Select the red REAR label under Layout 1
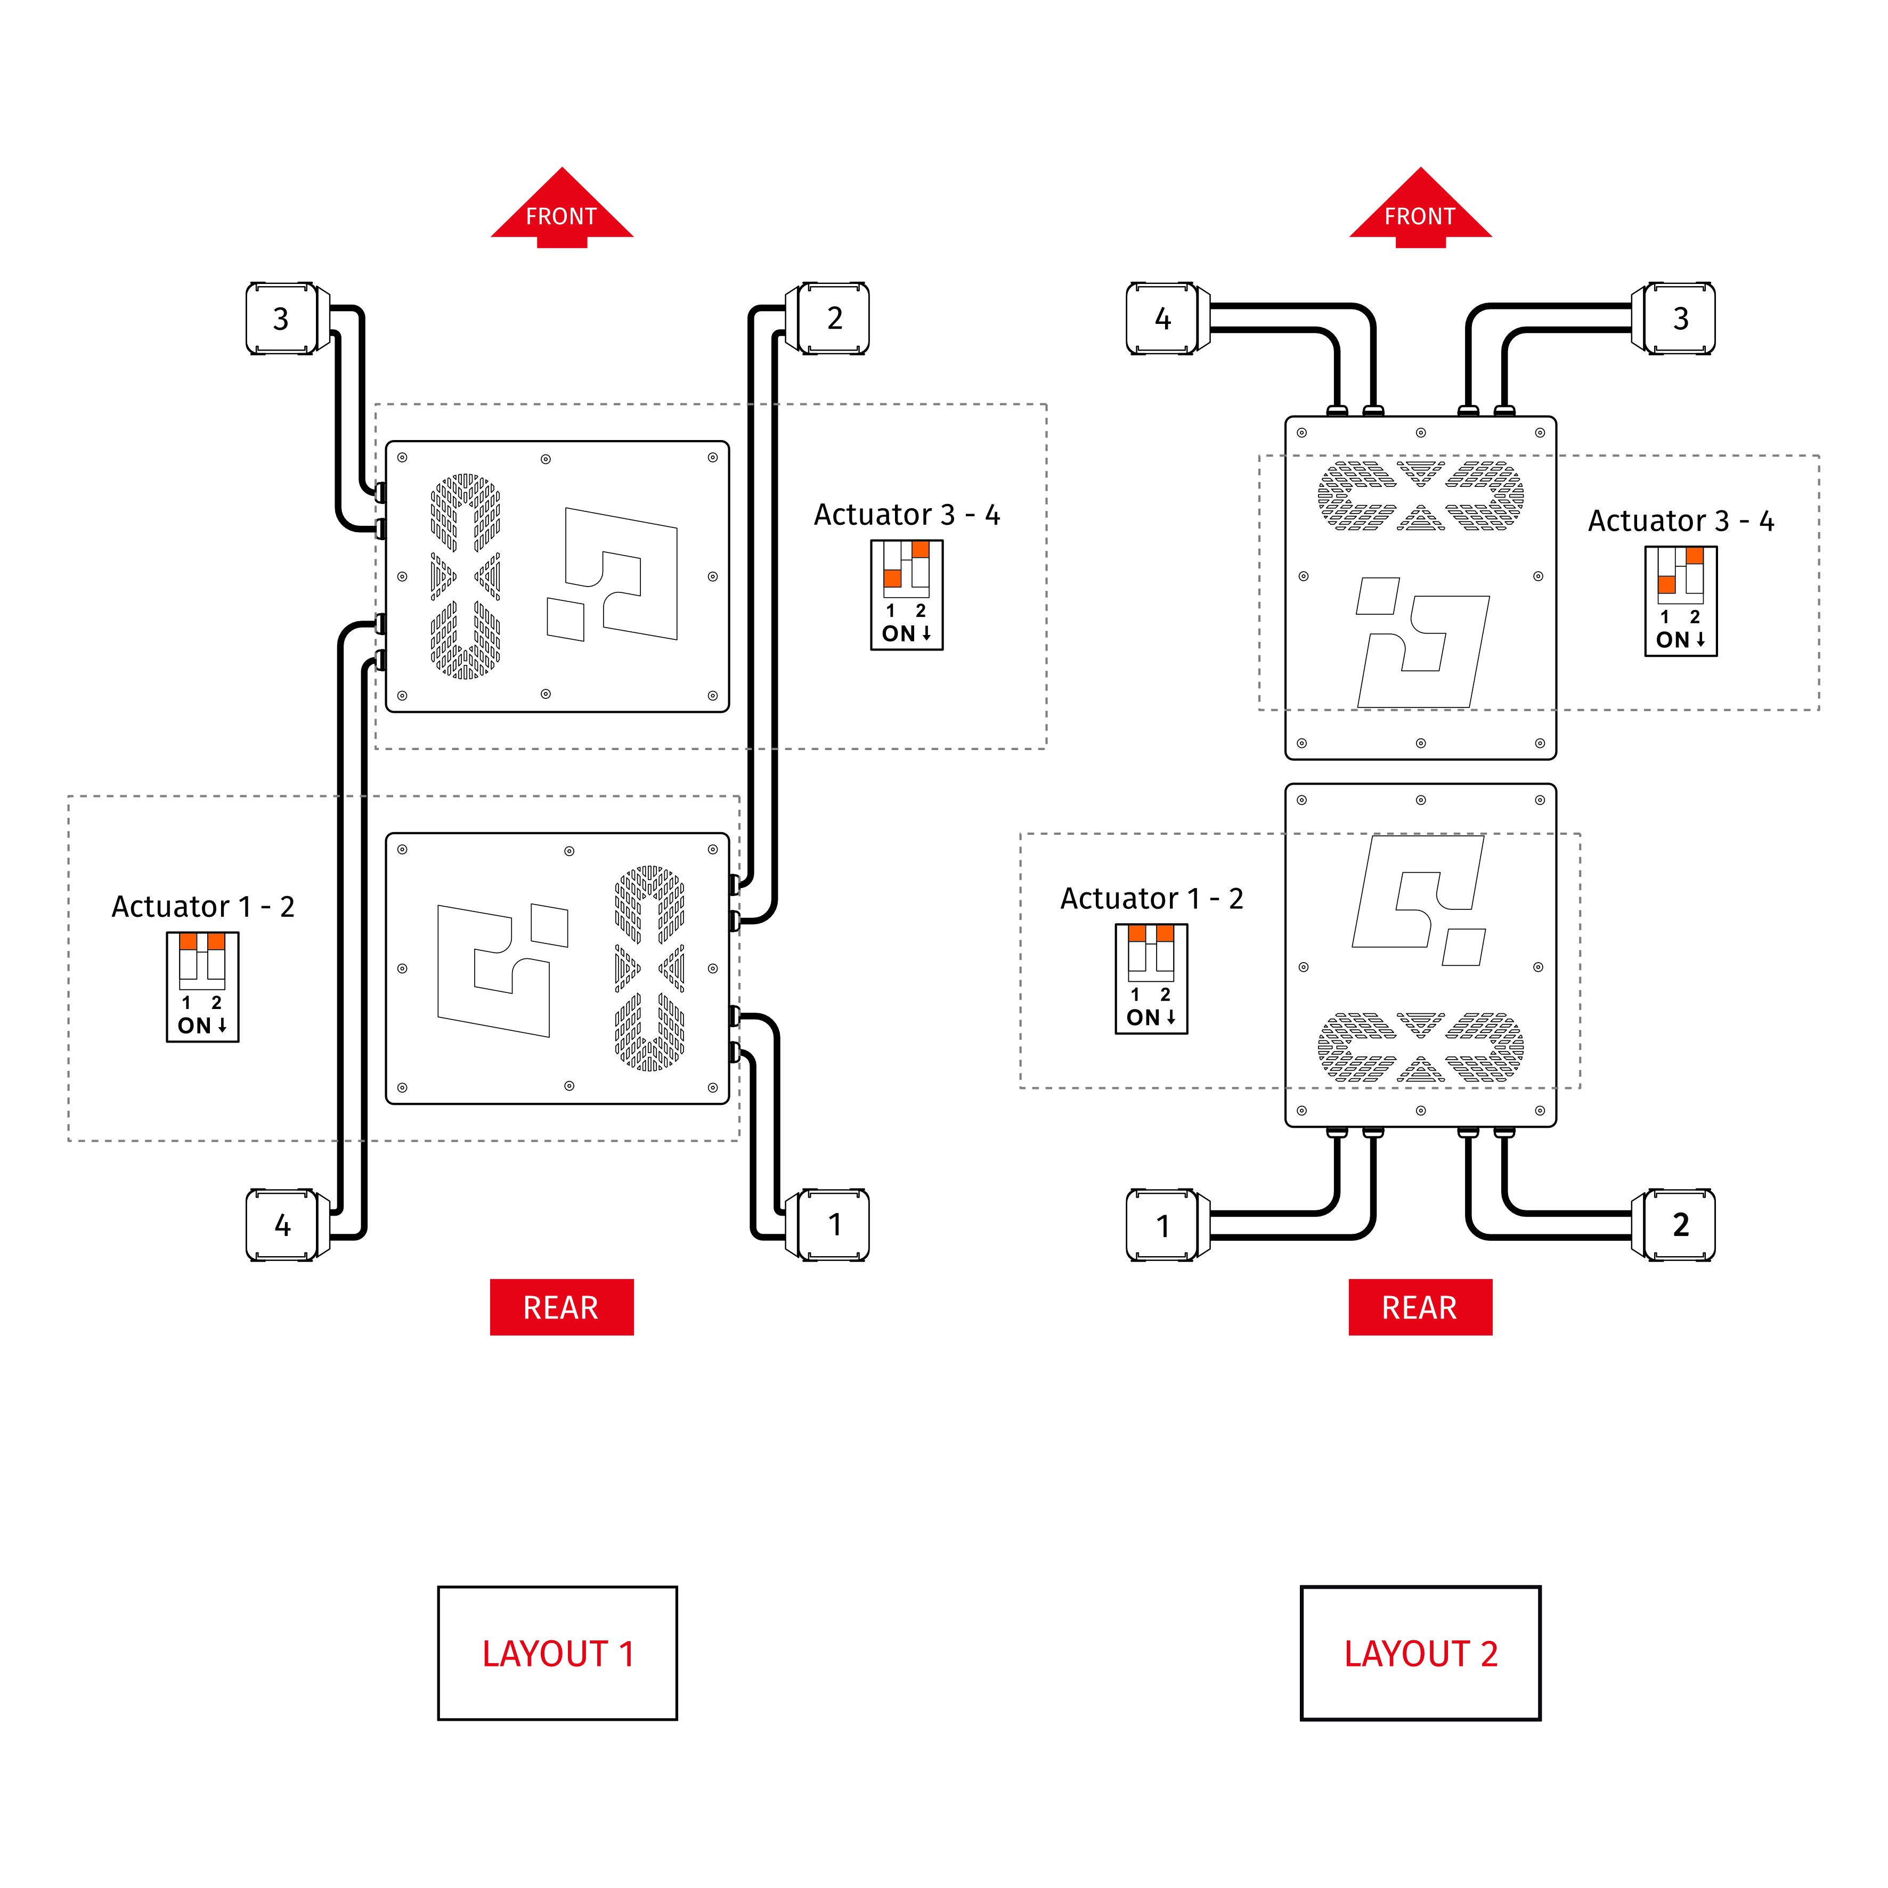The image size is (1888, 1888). point(562,1307)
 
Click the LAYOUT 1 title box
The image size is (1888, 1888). point(557,1654)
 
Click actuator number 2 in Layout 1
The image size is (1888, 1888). point(834,319)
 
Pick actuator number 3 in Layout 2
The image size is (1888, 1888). point(1680,319)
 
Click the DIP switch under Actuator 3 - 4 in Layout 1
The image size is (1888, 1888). point(907,594)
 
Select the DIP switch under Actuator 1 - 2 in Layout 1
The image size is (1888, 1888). point(202,987)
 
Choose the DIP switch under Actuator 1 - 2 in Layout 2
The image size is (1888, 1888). point(1151,978)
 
